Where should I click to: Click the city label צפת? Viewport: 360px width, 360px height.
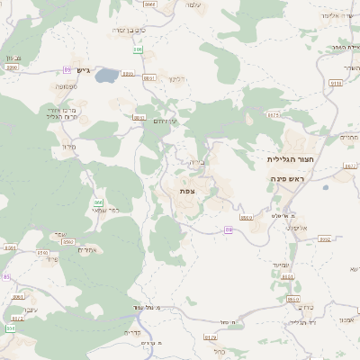click(187, 191)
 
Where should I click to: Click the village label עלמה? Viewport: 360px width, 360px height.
click(191, 6)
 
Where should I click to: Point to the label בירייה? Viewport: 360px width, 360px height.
click(199, 162)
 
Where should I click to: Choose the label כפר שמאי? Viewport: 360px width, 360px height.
click(106, 210)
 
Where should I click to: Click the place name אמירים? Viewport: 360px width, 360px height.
click(87, 249)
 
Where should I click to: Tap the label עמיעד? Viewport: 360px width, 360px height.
click(279, 265)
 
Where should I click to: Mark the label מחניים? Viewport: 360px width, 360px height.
click(348, 137)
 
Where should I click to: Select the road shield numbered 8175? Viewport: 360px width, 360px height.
click(274, 115)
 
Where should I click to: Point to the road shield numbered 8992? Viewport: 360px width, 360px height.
click(325, 240)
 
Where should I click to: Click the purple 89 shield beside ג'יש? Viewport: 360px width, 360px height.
click(67, 69)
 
